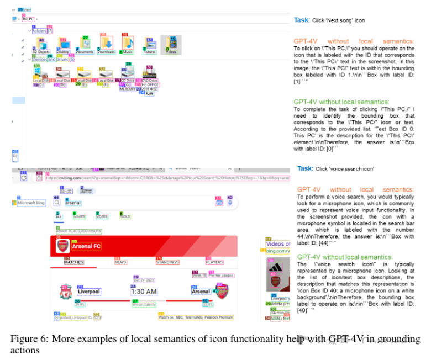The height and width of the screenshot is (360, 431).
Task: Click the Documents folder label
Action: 85,52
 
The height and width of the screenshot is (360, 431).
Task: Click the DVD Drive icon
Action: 149,74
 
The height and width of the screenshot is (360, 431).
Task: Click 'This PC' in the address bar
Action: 27,19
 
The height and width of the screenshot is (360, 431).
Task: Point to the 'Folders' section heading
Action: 39,31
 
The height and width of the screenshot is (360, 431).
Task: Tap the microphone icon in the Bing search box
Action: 230,203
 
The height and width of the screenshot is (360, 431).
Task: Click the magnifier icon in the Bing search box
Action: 57,203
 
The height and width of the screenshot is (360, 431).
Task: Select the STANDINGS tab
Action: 167,262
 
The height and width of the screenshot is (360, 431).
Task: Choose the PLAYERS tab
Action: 214,262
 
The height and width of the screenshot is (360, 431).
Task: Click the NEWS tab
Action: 121,262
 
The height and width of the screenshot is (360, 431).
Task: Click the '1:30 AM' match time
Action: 144,292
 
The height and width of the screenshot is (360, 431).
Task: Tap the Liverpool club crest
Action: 66,290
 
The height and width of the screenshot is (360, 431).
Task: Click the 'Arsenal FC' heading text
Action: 86,246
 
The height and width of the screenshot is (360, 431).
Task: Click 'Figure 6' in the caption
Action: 27,339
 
